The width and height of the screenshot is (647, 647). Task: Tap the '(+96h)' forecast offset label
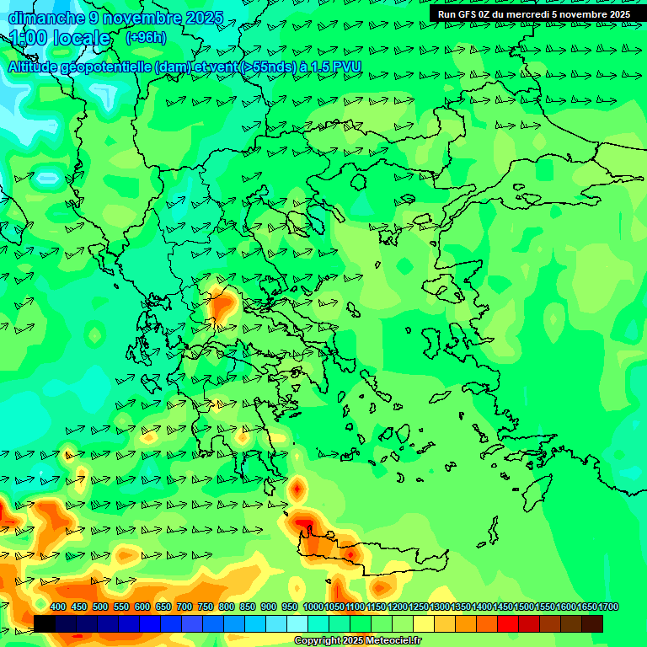(146, 37)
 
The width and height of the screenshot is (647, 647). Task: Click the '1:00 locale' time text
(61, 38)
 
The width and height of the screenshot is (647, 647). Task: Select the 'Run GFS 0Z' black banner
(533, 14)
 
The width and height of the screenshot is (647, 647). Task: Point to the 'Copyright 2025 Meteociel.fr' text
(357, 641)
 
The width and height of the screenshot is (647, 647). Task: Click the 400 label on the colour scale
(58, 607)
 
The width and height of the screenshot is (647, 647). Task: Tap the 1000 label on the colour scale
(313, 607)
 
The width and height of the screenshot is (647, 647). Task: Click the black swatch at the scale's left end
(45, 623)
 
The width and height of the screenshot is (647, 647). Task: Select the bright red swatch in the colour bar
(508, 623)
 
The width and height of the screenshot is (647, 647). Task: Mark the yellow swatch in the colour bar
(424, 623)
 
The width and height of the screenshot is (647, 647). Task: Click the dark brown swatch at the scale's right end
(592, 623)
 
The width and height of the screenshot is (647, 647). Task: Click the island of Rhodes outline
(536, 497)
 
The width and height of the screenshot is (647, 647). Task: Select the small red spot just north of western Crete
(297, 488)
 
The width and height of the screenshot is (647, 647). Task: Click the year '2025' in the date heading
(204, 18)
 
